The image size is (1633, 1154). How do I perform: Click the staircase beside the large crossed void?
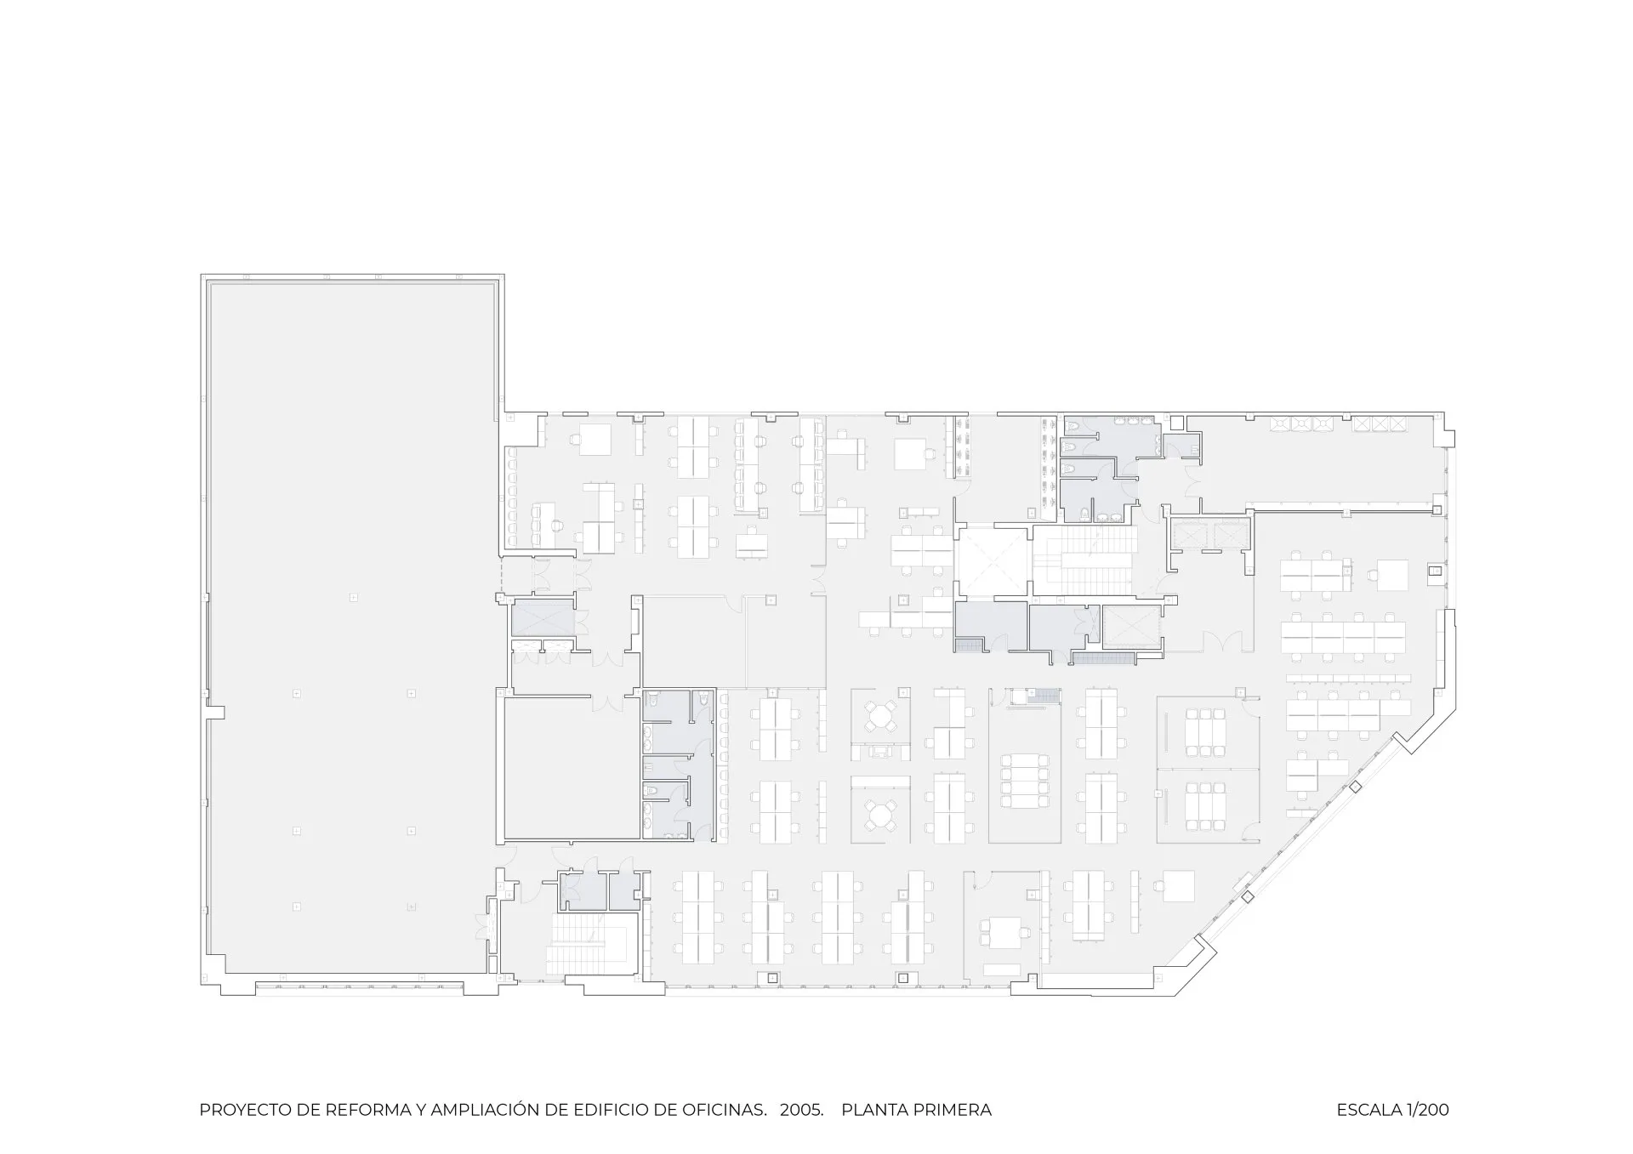[1085, 560]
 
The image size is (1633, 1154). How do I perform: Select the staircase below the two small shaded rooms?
[592, 944]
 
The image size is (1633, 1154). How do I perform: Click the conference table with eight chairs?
[1024, 780]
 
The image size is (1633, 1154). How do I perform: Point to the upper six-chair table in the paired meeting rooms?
[1203, 730]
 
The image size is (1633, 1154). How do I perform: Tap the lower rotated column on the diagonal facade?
[1248, 897]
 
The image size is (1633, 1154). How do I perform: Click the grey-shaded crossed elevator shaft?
[543, 617]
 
